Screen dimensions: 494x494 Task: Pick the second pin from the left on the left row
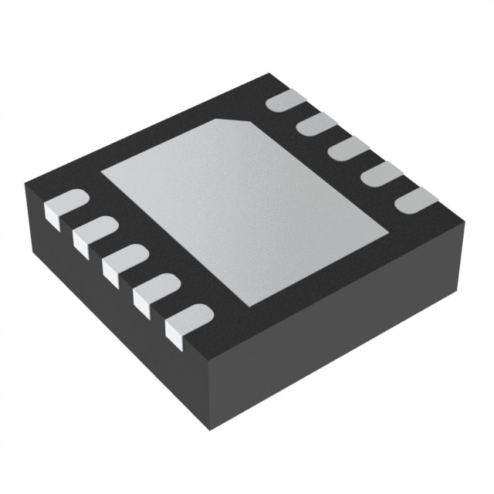click(x=91, y=233)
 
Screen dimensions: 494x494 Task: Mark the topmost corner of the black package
click(x=270, y=73)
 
